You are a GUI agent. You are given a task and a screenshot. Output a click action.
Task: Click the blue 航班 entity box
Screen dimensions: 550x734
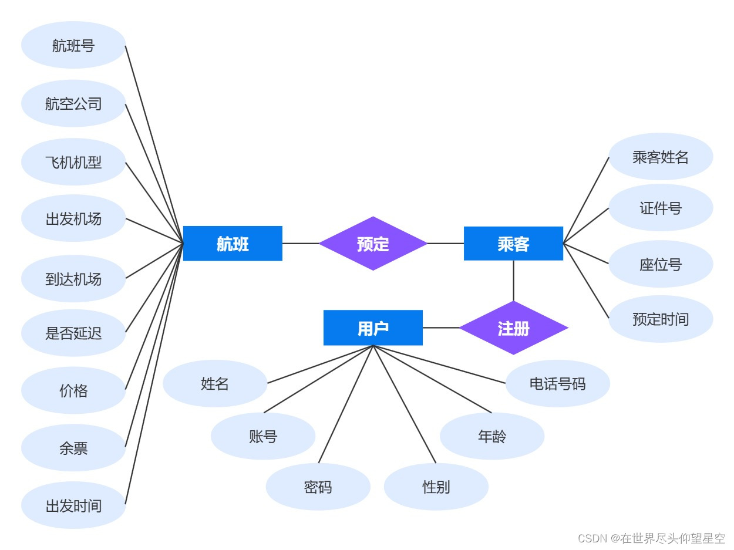(x=233, y=244)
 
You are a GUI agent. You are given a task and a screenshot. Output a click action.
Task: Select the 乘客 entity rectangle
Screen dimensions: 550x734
(x=513, y=244)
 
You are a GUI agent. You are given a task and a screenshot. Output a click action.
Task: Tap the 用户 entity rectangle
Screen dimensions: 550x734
(x=373, y=328)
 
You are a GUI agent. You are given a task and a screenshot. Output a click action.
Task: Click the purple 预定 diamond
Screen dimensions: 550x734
(x=373, y=244)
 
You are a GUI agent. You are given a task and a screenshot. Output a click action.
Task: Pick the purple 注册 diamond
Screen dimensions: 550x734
(x=513, y=328)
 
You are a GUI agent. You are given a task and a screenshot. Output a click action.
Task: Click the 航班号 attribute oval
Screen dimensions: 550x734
(x=73, y=45)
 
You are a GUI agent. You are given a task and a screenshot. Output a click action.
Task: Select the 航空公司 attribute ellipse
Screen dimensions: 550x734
(x=73, y=103)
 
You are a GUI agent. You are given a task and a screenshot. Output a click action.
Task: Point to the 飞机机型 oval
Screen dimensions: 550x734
(x=73, y=162)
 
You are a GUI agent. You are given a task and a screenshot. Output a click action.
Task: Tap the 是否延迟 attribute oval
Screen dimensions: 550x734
(x=73, y=333)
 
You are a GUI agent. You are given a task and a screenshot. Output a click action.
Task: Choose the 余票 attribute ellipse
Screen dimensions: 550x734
(x=73, y=448)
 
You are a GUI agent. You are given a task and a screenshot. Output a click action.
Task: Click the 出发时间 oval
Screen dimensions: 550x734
(x=73, y=505)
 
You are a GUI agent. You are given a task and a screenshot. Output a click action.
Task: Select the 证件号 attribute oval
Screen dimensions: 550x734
(x=661, y=208)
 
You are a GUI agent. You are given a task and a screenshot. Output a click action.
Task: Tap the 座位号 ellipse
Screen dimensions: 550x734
(x=661, y=264)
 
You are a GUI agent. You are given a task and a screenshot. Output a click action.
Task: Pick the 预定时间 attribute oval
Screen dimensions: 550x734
(x=661, y=319)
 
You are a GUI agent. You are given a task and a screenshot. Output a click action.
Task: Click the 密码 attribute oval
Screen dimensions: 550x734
(x=318, y=487)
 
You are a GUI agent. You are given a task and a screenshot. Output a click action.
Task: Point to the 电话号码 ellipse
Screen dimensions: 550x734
(x=557, y=383)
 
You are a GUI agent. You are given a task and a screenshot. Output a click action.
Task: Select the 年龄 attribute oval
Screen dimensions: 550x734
(x=492, y=436)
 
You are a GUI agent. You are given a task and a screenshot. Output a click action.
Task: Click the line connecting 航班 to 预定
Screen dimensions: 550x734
(x=301, y=244)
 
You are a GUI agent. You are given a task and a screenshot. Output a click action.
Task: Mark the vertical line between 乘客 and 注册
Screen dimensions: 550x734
(x=513, y=281)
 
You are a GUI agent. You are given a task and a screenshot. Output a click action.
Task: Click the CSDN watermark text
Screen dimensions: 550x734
(x=651, y=538)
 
